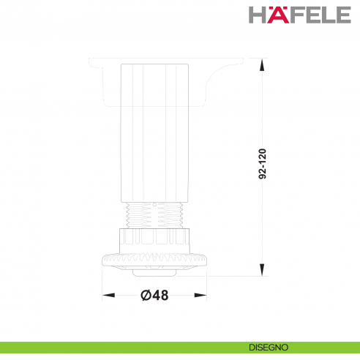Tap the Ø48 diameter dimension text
(154, 295)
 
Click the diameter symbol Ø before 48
(144, 295)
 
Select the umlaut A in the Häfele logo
(273, 15)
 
